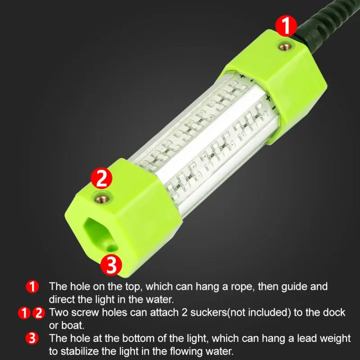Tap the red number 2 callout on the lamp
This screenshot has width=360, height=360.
coord(101,178)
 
